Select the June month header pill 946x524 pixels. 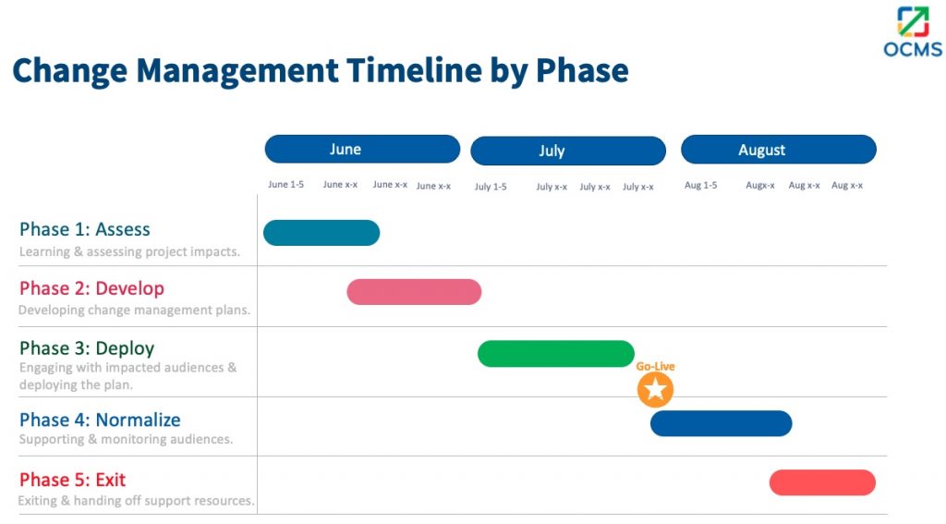362,150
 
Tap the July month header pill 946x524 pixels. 568,151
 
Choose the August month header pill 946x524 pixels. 778,150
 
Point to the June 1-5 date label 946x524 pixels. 285,185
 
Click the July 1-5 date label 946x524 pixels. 491,187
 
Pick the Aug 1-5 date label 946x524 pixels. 700,185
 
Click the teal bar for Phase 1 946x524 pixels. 321,233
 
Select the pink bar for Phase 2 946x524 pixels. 414,292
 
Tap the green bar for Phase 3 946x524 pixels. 556,354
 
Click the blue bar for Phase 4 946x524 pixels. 721,423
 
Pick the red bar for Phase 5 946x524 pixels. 822,482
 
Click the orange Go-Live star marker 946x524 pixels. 655,390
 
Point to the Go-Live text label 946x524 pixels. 655,367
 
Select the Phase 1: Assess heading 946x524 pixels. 85,230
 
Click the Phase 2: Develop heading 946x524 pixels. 91,288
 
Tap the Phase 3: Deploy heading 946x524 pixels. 87,348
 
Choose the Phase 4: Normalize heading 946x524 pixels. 100,420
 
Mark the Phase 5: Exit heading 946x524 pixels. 72,480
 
